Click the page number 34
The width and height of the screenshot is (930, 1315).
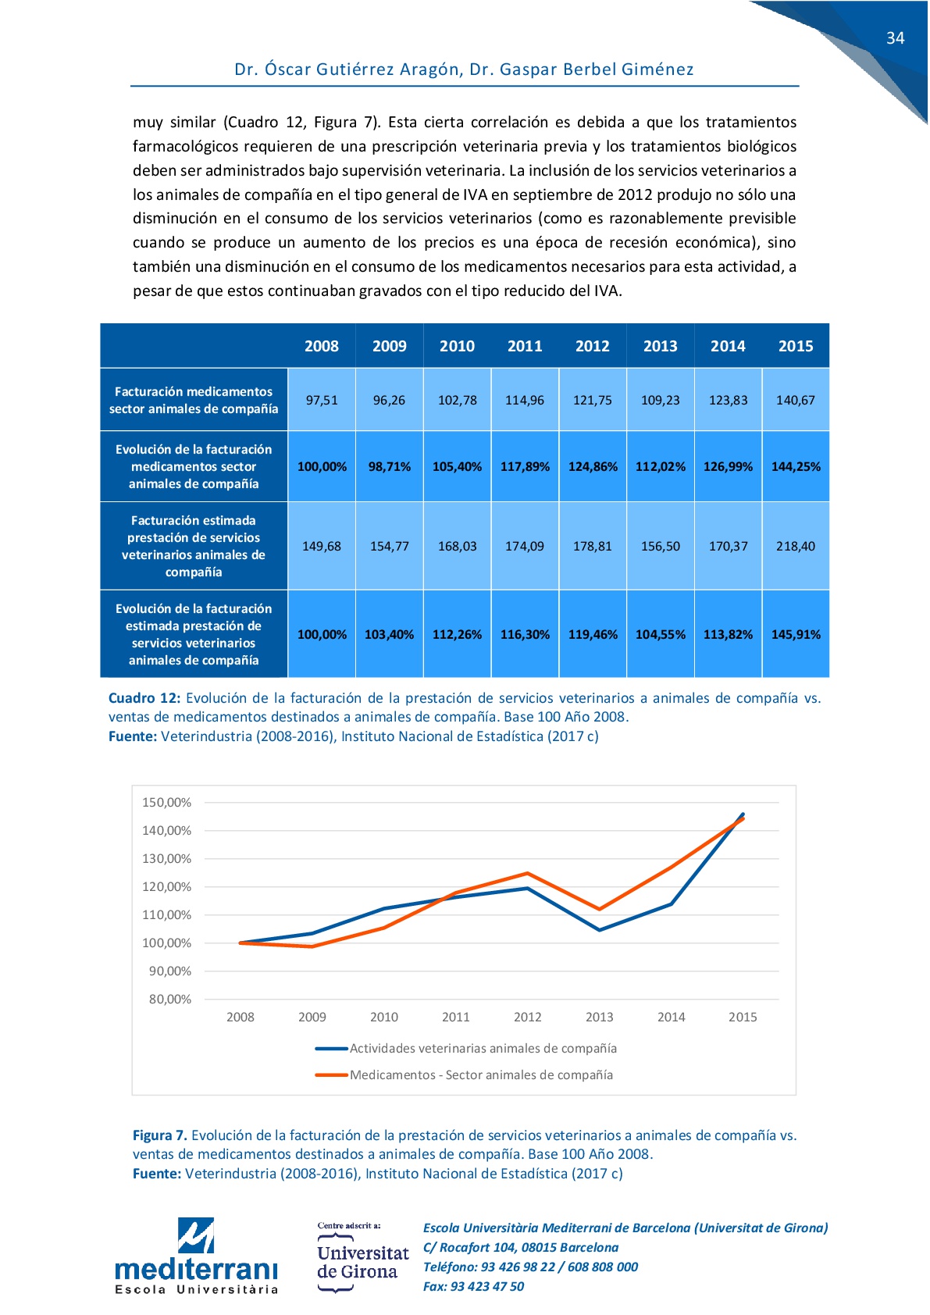point(895,38)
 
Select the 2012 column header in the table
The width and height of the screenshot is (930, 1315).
point(593,346)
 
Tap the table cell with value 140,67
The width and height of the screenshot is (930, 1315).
point(796,400)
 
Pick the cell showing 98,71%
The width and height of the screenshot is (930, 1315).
point(390,467)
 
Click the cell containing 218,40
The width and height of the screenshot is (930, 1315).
point(796,546)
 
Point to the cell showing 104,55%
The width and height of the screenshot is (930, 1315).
point(661,634)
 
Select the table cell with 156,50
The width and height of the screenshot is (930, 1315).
point(661,546)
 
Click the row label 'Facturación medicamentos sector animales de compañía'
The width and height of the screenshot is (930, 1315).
point(194,400)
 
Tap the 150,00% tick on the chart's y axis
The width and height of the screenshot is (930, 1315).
point(167,803)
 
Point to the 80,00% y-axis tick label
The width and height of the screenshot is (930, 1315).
point(170,1000)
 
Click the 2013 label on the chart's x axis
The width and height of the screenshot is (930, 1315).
point(600,1017)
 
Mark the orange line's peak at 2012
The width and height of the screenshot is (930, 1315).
point(527,873)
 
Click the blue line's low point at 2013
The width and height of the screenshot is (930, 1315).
point(600,930)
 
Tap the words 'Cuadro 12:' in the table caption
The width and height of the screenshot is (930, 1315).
point(144,698)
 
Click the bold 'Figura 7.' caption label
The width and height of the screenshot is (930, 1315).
point(160,1135)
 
